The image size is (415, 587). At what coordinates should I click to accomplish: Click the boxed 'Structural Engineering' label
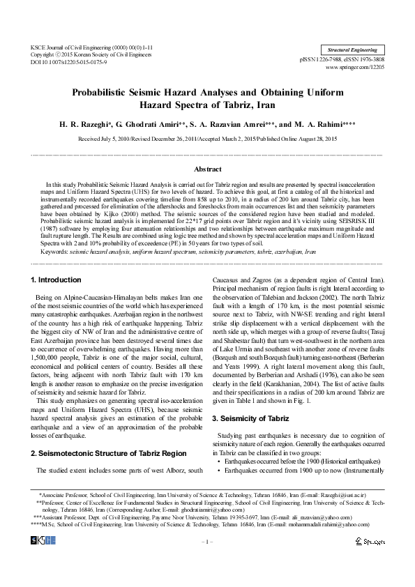click(353, 50)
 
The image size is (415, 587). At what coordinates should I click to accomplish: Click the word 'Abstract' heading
click(207, 169)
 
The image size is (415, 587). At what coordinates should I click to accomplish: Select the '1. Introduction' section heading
click(56, 280)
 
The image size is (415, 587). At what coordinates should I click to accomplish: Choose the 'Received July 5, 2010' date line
click(207, 139)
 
